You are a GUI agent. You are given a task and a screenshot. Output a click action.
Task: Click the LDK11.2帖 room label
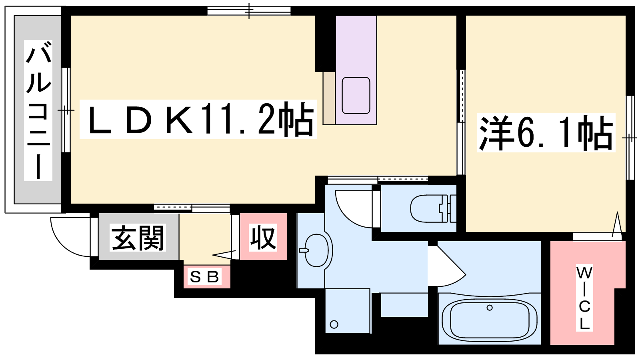(x=198, y=119)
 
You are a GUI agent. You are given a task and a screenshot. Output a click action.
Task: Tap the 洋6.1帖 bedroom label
(x=546, y=133)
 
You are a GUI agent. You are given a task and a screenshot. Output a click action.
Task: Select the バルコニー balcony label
(x=38, y=110)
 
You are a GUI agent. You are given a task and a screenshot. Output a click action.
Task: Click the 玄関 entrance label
(x=138, y=238)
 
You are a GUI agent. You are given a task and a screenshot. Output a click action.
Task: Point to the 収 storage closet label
(x=263, y=238)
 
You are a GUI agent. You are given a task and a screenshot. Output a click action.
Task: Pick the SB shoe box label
(x=204, y=277)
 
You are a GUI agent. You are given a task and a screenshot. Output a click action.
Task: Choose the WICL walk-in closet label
(x=584, y=298)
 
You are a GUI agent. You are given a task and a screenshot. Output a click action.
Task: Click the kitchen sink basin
(x=356, y=96)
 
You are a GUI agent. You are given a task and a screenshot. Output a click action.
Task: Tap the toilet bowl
(x=428, y=208)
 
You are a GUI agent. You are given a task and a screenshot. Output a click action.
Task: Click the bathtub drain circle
(x=490, y=308)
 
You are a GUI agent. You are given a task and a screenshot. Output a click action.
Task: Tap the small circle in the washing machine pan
(x=334, y=324)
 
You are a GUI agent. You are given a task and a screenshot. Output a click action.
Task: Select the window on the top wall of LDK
(x=249, y=11)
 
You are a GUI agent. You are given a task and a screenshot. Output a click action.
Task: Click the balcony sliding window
(x=66, y=110)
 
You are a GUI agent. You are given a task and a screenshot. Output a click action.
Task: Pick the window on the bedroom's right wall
(x=630, y=138)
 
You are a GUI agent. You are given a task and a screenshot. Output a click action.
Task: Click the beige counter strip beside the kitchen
(x=329, y=98)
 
